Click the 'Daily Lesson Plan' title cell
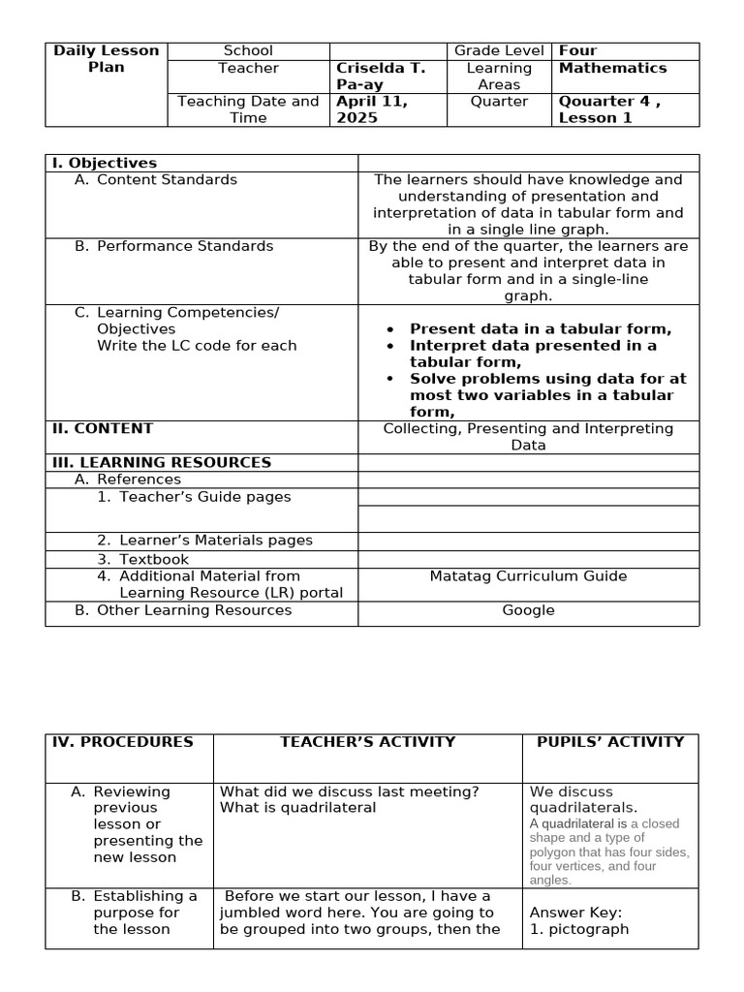[107, 59]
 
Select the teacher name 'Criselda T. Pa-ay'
[380, 77]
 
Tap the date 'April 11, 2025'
[371, 109]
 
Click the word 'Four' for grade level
[577, 50]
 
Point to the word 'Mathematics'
[612, 68]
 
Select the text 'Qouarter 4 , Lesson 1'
[609, 109]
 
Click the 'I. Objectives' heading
[105, 163]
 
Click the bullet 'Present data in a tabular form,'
[540, 328]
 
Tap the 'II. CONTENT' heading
[102, 428]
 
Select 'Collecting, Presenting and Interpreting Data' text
[528, 436]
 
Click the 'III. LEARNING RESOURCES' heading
[161, 462]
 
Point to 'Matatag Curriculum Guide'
[528, 575]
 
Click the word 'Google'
[528, 610]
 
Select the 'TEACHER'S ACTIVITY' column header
[367, 742]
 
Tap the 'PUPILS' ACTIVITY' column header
[610, 742]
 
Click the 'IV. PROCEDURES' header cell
[122, 742]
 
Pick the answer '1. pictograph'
[578, 929]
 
